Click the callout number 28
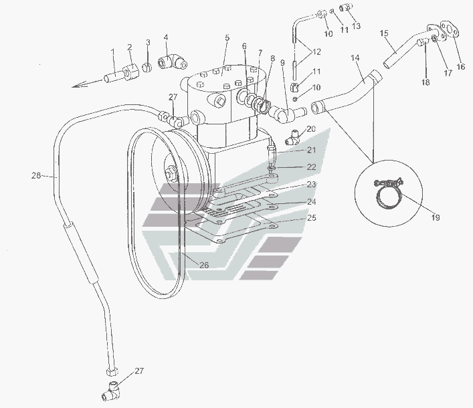pyautogui.click(x=36, y=175)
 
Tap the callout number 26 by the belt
pyautogui.click(x=204, y=265)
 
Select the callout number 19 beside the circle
pyautogui.click(x=436, y=217)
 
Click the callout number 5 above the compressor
pyautogui.click(x=227, y=37)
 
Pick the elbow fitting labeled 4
pyautogui.click(x=173, y=62)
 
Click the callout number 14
pyautogui.click(x=355, y=58)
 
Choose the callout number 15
pyautogui.click(x=384, y=33)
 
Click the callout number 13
pyautogui.click(x=356, y=25)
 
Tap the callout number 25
pyautogui.click(x=312, y=218)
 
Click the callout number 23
pyautogui.click(x=312, y=184)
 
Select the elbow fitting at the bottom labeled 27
pyautogui.click(x=112, y=391)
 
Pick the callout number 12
pyautogui.click(x=316, y=52)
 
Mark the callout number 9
pyautogui.click(x=282, y=63)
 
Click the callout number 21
pyautogui.click(x=312, y=150)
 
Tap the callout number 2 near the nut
pyautogui.click(x=130, y=47)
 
